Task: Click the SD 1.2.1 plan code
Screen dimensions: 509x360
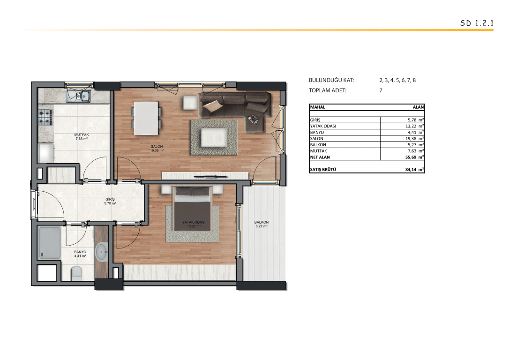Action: pos(477,23)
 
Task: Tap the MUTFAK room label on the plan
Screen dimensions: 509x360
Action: pos(82,135)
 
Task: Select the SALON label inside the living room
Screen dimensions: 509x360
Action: pos(157,146)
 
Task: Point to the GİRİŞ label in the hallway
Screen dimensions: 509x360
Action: pos(110,199)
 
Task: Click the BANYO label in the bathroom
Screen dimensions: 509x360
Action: pos(80,252)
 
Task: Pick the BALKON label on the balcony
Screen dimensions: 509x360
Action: pos(262,222)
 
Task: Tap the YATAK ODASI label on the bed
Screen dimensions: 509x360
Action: pos(194,222)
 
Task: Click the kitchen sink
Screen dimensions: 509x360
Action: pos(79,96)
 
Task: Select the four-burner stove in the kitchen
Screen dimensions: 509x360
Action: pos(45,117)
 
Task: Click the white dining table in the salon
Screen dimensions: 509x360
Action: pos(146,118)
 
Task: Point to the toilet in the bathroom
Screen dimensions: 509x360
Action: pos(76,273)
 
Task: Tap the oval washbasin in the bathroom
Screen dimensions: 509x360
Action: pos(102,252)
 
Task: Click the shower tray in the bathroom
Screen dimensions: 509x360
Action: pos(50,243)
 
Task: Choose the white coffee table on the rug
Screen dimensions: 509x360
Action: pos(214,137)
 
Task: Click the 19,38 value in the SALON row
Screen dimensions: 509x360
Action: pos(411,139)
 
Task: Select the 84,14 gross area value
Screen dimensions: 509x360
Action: pos(411,169)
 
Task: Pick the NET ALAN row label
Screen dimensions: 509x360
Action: pos(320,157)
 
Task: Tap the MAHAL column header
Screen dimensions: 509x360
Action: pos(317,107)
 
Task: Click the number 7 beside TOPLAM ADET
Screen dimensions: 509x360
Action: pos(381,90)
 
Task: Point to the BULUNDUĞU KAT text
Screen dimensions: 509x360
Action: pos(331,80)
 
